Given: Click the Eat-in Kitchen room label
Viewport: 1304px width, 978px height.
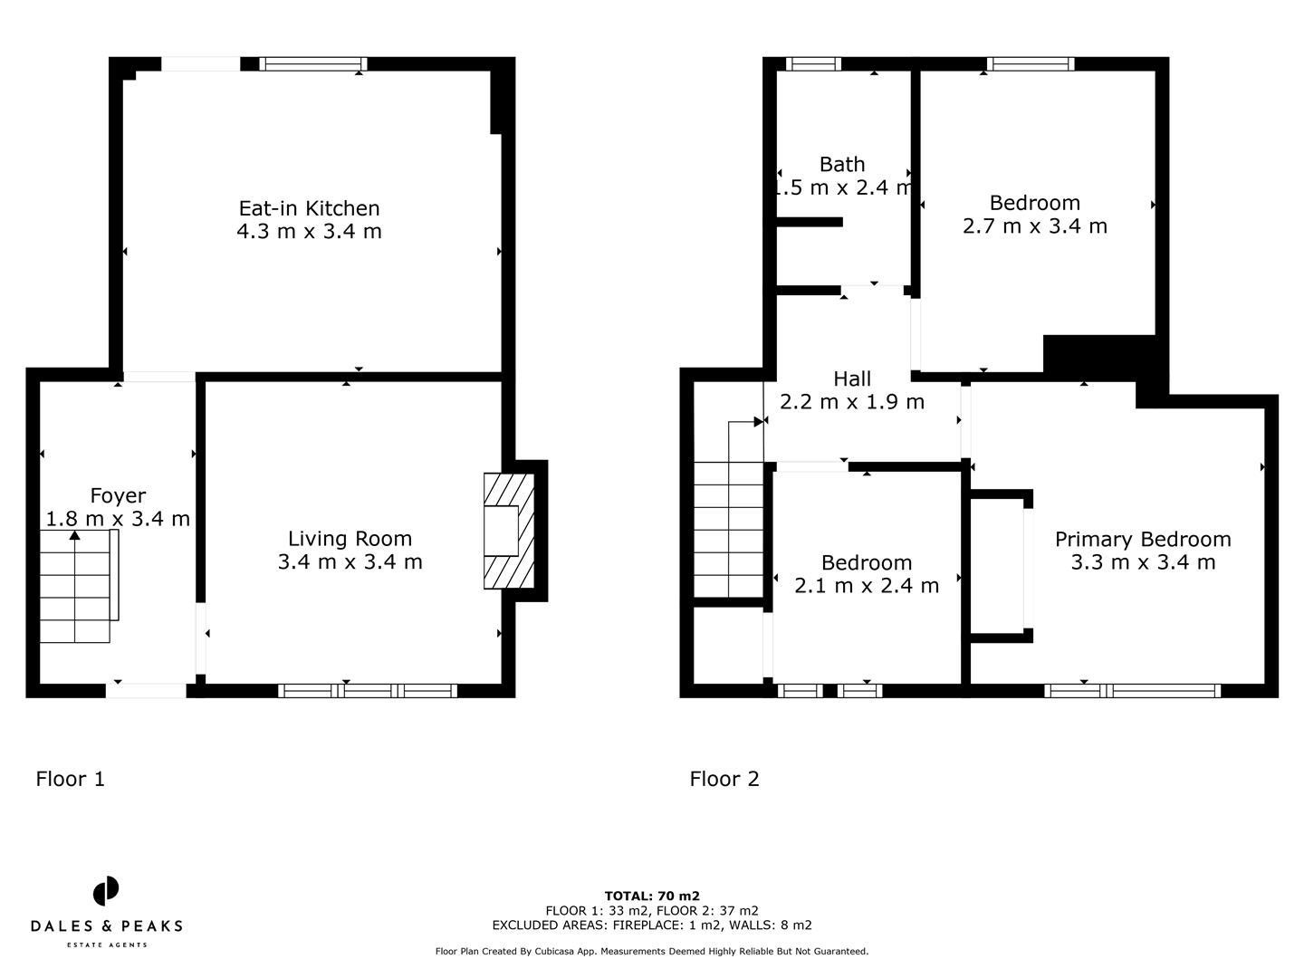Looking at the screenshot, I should pyautogui.click(x=309, y=208).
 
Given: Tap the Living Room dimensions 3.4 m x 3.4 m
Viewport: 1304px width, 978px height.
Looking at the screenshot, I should pyautogui.click(x=350, y=562).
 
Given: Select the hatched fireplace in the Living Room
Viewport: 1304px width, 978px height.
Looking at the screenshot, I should pyautogui.click(x=510, y=532).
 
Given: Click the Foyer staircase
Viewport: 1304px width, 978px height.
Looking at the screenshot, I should pyautogui.click(x=76, y=586).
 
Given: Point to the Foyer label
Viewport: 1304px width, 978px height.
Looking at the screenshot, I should pyautogui.click(x=118, y=495).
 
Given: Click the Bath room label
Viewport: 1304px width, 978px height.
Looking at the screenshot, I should pyautogui.click(x=842, y=165).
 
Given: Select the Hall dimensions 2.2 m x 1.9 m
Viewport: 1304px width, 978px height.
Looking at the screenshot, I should pyautogui.click(x=852, y=402).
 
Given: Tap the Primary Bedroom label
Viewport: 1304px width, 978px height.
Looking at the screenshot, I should pyautogui.click(x=1143, y=540).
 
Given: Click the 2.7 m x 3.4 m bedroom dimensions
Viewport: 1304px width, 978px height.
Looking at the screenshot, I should pyautogui.click(x=1034, y=226).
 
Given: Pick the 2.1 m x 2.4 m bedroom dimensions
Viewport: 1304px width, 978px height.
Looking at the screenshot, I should pyautogui.click(x=867, y=586).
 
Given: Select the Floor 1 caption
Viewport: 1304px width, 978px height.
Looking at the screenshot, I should pyautogui.click(x=71, y=779).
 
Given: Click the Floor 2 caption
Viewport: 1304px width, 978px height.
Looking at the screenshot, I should pyautogui.click(x=724, y=779).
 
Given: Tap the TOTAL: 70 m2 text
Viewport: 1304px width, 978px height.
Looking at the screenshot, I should pyautogui.click(x=652, y=896).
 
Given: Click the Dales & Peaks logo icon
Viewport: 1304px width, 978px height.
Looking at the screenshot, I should pyautogui.click(x=106, y=891).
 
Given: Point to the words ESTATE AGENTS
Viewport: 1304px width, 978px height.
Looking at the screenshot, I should pyautogui.click(x=107, y=945).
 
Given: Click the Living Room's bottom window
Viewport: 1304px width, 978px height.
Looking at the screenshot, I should pyautogui.click(x=368, y=691).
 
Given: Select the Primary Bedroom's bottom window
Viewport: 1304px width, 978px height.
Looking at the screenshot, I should pyautogui.click(x=1132, y=691).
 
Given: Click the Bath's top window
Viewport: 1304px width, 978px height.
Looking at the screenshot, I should pyautogui.click(x=813, y=64).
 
